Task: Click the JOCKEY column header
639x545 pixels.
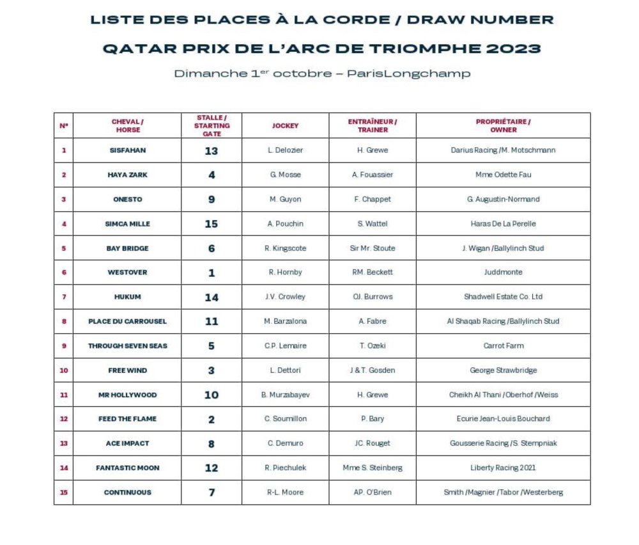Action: tap(285, 125)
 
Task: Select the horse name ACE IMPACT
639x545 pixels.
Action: tap(127, 443)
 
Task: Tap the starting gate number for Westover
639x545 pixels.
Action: tap(212, 272)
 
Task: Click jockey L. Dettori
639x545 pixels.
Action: tap(285, 370)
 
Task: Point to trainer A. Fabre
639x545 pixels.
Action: tap(373, 321)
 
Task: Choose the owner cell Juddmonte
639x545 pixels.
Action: tap(503, 272)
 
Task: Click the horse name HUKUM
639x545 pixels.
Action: tap(127, 297)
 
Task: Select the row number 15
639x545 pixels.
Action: tap(64, 493)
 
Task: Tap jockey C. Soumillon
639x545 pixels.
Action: tap(285, 419)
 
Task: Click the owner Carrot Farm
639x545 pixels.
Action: tap(503, 346)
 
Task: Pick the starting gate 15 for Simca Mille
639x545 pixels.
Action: tap(212, 224)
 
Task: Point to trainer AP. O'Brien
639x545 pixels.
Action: tap(373, 493)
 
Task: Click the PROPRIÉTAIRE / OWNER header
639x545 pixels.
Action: tap(503, 125)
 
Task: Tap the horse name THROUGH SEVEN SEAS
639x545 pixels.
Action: tap(127, 346)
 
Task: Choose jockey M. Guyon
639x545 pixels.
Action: tap(285, 199)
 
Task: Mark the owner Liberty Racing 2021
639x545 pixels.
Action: tap(503, 468)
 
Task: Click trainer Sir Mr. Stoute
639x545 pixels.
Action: tap(373, 248)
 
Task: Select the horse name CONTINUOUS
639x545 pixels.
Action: tap(127, 493)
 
